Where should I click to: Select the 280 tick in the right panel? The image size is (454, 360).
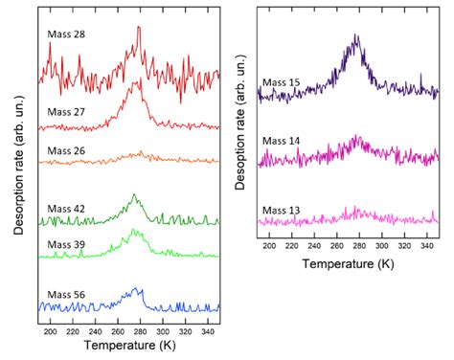360,245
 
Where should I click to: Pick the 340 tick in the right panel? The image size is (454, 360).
428,245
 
